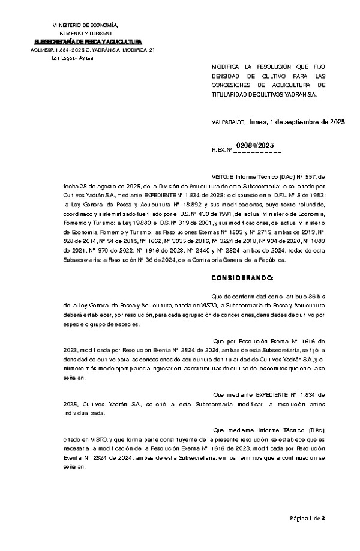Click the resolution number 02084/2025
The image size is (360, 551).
pos(255,145)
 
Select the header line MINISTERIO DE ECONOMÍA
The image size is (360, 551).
pos(85,25)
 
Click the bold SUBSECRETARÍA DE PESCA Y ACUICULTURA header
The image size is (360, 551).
pos(88,41)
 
